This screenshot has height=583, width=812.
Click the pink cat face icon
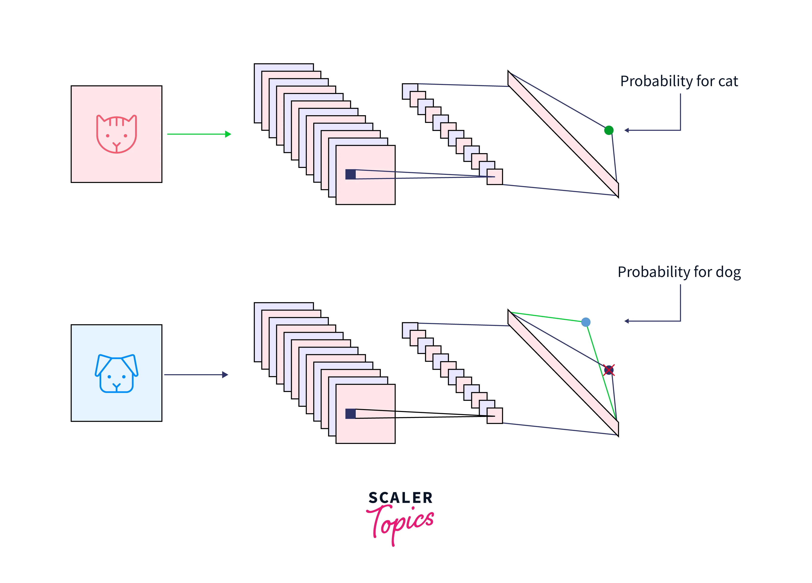116,134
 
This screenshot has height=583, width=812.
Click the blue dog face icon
116,374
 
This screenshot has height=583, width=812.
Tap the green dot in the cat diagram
609,130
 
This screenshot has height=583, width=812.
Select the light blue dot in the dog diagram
586,322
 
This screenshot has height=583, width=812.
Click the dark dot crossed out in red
609,370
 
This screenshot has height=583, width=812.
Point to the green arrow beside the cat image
199,134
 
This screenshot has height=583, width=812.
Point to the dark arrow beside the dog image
196,375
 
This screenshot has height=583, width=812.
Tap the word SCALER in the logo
400,498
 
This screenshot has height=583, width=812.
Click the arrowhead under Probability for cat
626,130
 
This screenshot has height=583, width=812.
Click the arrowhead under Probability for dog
626,321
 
